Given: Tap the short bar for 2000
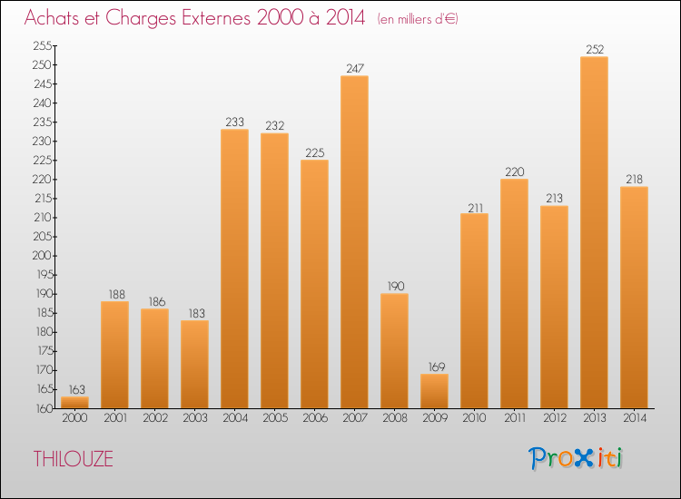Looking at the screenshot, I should click(74, 402).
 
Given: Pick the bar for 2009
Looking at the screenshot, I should click(434, 390).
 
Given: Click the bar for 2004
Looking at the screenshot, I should click(234, 268).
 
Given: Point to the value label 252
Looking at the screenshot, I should click(594, 49).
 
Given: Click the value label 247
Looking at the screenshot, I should click(354, 68).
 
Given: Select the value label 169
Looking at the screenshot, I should click(434, 366).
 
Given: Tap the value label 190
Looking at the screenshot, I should click(394, 286).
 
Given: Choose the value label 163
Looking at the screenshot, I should click(74, 388).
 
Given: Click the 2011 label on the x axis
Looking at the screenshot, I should click(514, 418).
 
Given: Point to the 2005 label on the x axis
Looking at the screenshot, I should click(274, 418).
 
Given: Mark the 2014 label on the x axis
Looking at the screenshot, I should click(634, 418).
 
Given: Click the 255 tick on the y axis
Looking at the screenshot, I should click(43, 46).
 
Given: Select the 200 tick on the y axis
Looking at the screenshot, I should click(43, 256).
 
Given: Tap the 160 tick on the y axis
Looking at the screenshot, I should click(43, 408).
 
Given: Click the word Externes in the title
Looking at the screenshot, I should click(203, 18).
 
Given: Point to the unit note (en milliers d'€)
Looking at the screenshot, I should click(418, 19).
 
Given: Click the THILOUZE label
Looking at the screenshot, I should click(74, 459).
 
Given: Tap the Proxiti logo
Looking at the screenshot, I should click(577, 458).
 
